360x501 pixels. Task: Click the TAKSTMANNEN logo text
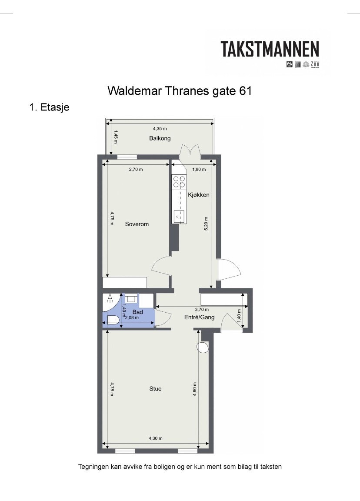click(270, 50)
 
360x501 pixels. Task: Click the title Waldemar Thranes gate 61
click(180, 91)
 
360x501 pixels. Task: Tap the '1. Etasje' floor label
click(49, 107)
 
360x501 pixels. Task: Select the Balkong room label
click(160, 138)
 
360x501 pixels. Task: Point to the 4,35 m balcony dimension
click(160, 129)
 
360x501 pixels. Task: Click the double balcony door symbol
click(190, 152)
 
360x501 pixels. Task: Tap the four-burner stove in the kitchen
click(179, 181)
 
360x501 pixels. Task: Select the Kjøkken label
click(199, 195)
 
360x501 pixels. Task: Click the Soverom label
click(137, 224)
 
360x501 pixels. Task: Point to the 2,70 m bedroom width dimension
click(136, 170)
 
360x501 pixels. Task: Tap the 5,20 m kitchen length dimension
click(206, 224)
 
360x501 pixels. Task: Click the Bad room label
click(137, 312)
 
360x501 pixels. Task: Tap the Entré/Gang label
click(200, 317)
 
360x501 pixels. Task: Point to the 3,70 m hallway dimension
click(200, 310)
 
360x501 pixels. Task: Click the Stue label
click(155, 389)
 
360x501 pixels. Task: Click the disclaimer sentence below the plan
click(180, 467)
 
